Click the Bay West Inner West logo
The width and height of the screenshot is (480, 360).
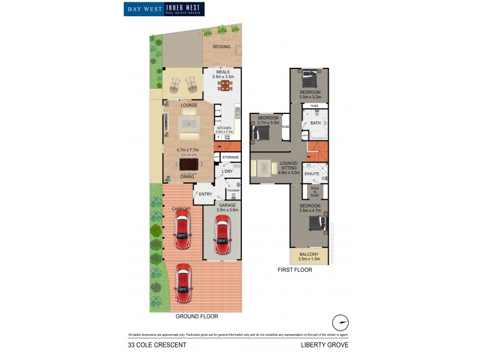tap(164, 9)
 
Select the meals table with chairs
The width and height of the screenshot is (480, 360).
tap(224, 86)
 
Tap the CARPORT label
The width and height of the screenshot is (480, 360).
tap(181, 209)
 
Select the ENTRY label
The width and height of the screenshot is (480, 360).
tap(205, 194)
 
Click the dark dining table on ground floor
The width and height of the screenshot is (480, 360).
tap(189, 164)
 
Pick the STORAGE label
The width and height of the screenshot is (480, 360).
tap(230, 157)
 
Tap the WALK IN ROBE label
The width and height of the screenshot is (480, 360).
tap(314, 191)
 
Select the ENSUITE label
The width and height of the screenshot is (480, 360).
tap(311, 173)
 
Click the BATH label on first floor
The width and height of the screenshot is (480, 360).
tap(315, 124)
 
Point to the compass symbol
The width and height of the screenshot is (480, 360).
tap(341, 322)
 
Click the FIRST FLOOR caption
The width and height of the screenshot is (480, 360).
tap(295, 270)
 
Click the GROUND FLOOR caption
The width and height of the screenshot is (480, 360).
tap(196, 316)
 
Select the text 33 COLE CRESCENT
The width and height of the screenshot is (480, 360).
tap(157, 345)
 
